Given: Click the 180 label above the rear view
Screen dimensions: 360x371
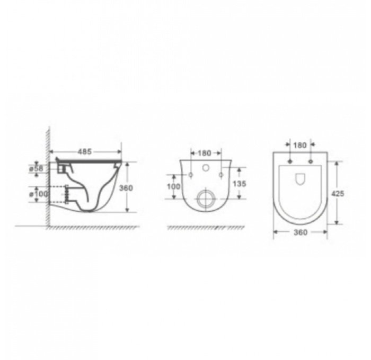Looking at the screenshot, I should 205,154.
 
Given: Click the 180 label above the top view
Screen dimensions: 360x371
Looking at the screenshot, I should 301,145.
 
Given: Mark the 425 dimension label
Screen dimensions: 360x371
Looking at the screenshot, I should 338,193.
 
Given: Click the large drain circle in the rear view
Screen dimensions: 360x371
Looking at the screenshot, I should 205,200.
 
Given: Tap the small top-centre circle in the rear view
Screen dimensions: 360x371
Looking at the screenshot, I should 205,168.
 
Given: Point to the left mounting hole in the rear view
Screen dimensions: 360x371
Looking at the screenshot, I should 189,174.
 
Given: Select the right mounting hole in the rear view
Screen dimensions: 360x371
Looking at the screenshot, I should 220,174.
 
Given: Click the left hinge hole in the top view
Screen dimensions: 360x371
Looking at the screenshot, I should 290,160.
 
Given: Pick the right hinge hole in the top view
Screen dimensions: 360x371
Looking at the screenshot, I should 310,160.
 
